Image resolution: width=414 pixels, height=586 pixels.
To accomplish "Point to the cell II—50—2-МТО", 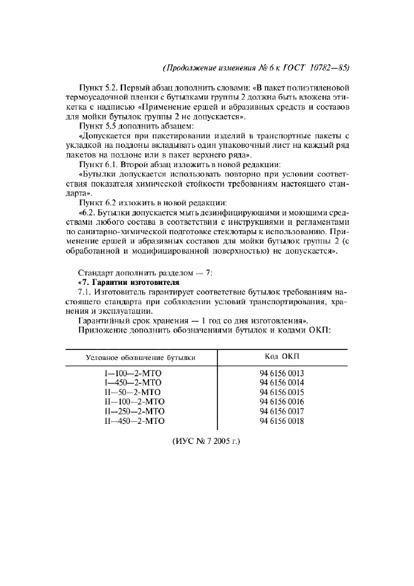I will pyautogui.click(x=133, y=392).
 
